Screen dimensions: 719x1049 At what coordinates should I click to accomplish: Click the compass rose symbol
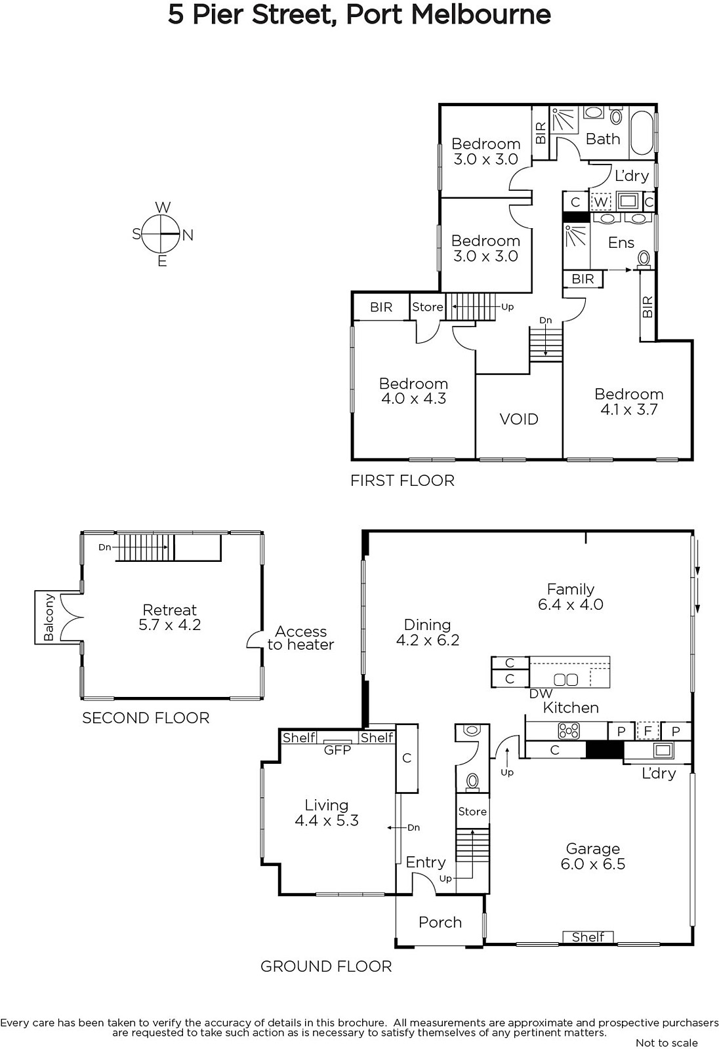click(161, 233)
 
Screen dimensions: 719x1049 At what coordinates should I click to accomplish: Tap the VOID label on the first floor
click(519, 419)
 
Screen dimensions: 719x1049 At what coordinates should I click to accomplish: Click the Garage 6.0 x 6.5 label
click(593, 856)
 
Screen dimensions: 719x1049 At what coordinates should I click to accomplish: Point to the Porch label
click(440, 922)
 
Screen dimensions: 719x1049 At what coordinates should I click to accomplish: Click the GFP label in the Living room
click(337, 750)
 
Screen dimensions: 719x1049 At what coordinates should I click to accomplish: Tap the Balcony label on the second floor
click(49, 617)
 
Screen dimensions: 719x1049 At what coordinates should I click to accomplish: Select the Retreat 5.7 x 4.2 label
click(170, 617)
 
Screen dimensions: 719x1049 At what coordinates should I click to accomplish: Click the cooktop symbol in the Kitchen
click(569, 730)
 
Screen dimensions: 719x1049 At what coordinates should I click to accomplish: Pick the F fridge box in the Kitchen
click(647, 730)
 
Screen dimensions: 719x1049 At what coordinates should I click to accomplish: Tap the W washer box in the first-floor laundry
click(601, 203)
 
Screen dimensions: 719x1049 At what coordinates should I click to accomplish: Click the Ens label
click(621, 243)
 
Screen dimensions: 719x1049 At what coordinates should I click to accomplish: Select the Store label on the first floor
click(428, 307)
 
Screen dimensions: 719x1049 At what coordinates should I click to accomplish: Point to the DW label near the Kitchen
click(541, 694)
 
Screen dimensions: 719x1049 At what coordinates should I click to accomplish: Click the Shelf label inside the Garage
click(588, 937)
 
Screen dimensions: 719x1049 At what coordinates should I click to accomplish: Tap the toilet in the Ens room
click(644, 260)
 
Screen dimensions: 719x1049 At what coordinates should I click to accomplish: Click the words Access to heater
click(300, 638)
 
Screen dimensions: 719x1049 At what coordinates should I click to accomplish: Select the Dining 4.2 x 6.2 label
click(428, 632)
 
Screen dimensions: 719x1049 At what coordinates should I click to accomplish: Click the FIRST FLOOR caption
click(403, 481)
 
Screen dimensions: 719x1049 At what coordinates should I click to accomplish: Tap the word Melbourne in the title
click(481, 15)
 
